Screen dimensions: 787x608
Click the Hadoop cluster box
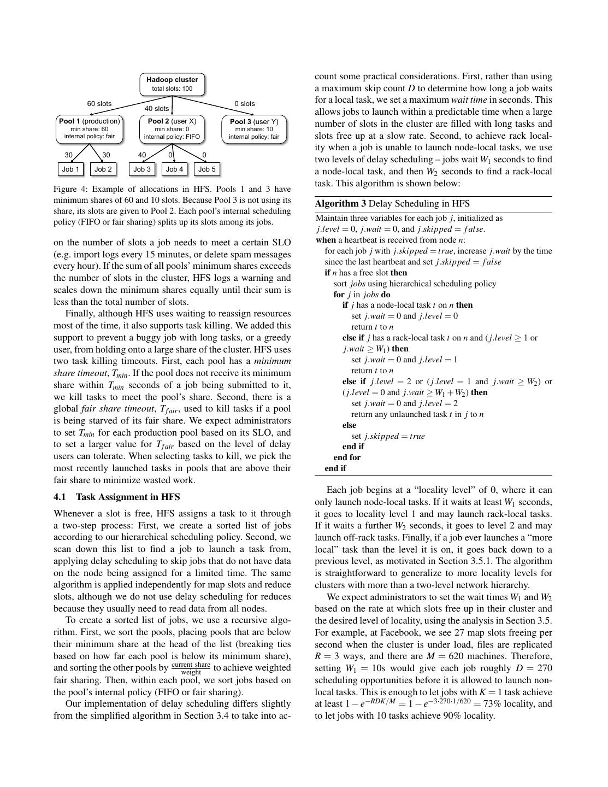point(172,84)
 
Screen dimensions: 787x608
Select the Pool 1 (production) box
point(90,129)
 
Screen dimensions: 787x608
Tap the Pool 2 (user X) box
point(172,129)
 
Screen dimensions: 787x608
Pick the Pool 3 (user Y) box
point(254,129)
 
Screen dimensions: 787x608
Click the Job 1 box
point(70,169)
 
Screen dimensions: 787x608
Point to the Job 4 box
point(174,169)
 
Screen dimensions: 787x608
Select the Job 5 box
point(207,169)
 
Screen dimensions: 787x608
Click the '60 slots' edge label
point(99,103)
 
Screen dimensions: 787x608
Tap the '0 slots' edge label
point(245,103)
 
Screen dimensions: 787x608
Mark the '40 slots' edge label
point(157,109)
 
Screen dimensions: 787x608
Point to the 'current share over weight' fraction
point(191,668)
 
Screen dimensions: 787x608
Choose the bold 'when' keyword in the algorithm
point(326,240)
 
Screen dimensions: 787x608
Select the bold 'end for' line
point(347,457)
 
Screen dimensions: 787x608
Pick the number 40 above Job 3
point(142,155)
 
